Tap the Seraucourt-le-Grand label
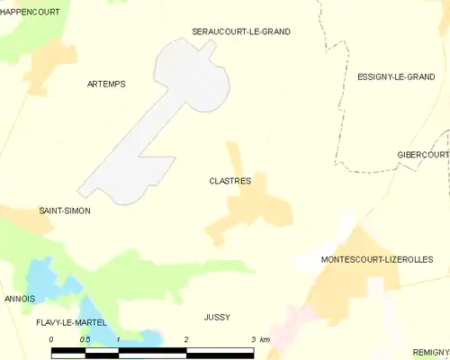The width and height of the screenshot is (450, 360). [x=241, y=31]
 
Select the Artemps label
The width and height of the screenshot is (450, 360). [x=106, y=84]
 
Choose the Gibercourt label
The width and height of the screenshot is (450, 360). [x=422, y=155]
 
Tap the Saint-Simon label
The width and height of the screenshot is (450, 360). [x=64, y=211]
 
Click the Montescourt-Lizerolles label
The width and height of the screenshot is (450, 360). [x=376, y=260]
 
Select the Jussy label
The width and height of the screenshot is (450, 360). [x=217, y=317]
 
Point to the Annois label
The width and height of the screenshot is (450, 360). [x=20, y=298]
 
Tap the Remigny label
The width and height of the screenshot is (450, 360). [x=430, y=352]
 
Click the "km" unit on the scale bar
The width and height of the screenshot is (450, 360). [x=264, y=339]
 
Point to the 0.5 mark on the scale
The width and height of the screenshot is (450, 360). [x=85, y=339]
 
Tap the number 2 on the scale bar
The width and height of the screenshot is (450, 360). [x=185, y=339]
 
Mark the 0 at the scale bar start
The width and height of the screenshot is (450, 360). [x=51, y=339]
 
